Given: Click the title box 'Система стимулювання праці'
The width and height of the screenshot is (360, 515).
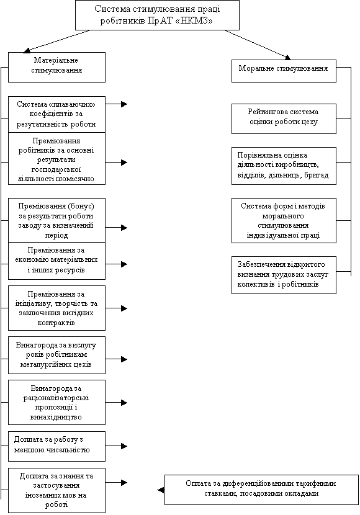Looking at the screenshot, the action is click(x=157, y=15).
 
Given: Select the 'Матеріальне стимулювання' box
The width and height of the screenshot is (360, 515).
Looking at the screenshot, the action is click(x=56, y=67).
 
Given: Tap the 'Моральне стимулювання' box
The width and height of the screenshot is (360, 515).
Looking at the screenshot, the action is click(x=284, y=71).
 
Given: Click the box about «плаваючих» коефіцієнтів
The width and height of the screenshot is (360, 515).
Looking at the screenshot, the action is click(x=56, y=114).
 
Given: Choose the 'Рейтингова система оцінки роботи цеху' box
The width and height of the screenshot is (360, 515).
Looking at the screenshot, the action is click(x=284, y=119).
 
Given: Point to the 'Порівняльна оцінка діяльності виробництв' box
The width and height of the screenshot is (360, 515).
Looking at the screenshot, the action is click(x=284, y=166).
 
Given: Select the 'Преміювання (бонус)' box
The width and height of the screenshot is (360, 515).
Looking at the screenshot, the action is click(x=56, y=220).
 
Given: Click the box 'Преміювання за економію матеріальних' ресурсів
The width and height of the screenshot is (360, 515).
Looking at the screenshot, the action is click(x=56, y=261).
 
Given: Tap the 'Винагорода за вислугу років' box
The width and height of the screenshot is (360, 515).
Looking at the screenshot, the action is click(x=56, y=355).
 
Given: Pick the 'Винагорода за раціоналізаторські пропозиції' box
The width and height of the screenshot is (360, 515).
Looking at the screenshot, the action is click(x=56, y=402).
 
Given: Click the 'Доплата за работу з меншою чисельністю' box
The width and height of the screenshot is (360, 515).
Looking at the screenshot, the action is click(x=56, y=446).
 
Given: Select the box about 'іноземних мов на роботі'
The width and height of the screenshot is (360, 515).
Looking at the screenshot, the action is click(x=56, y=490).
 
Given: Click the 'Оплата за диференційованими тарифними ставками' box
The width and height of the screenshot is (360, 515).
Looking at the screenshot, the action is click(x=261, y=490).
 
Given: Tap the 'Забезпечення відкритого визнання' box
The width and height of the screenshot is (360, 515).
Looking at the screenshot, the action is click(x=284, y=275).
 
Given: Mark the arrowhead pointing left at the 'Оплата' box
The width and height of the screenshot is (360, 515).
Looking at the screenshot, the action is click(x=161, y=490).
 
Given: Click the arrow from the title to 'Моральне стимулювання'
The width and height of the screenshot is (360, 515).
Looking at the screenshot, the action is click(x=258, y=45).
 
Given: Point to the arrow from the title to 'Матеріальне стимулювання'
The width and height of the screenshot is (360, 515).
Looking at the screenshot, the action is click(x=56, y=42).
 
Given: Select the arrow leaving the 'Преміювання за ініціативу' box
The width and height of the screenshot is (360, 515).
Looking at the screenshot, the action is click(x=116, y=308).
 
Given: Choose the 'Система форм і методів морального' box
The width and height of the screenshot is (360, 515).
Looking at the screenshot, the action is click(x=284, y=220).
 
